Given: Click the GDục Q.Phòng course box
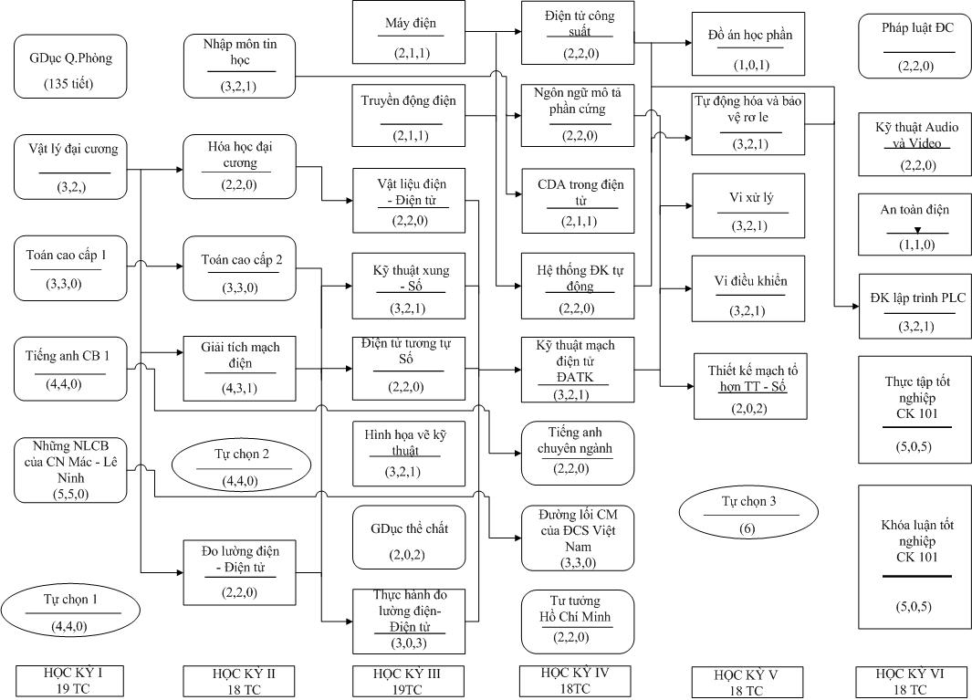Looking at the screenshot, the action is pos(70,67).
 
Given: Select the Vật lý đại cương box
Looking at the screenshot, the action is pos(70,167).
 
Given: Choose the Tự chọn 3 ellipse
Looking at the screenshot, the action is pos(748,513).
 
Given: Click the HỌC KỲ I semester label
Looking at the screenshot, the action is pos(69,681).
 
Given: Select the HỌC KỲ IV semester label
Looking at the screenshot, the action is pos(575,680).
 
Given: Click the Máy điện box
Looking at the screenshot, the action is pos(409,32).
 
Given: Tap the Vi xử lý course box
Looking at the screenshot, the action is pos(748,206).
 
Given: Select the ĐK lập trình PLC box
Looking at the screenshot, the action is pos(915,307).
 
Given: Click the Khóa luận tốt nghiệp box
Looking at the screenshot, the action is pos(915,557).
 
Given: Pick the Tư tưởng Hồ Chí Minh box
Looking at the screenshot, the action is pos(578,622).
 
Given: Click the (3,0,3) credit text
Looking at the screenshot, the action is pos(409,643).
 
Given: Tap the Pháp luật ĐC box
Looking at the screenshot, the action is pos(915,47).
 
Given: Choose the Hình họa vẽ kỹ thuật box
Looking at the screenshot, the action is pos(409,454).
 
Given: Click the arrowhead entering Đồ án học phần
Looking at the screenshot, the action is pos(688,43).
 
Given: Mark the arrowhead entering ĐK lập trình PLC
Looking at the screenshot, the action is pos(855,307).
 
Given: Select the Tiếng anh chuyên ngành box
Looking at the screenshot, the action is pos(578,454).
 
